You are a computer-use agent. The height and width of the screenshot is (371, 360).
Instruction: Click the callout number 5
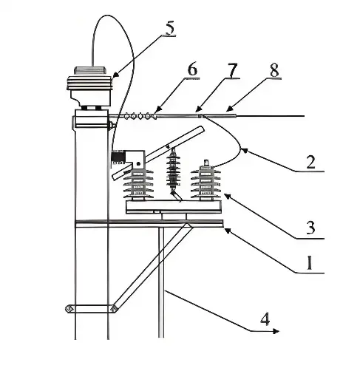pos(170,30)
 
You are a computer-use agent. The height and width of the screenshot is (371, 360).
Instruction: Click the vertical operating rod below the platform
pos(160,281)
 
